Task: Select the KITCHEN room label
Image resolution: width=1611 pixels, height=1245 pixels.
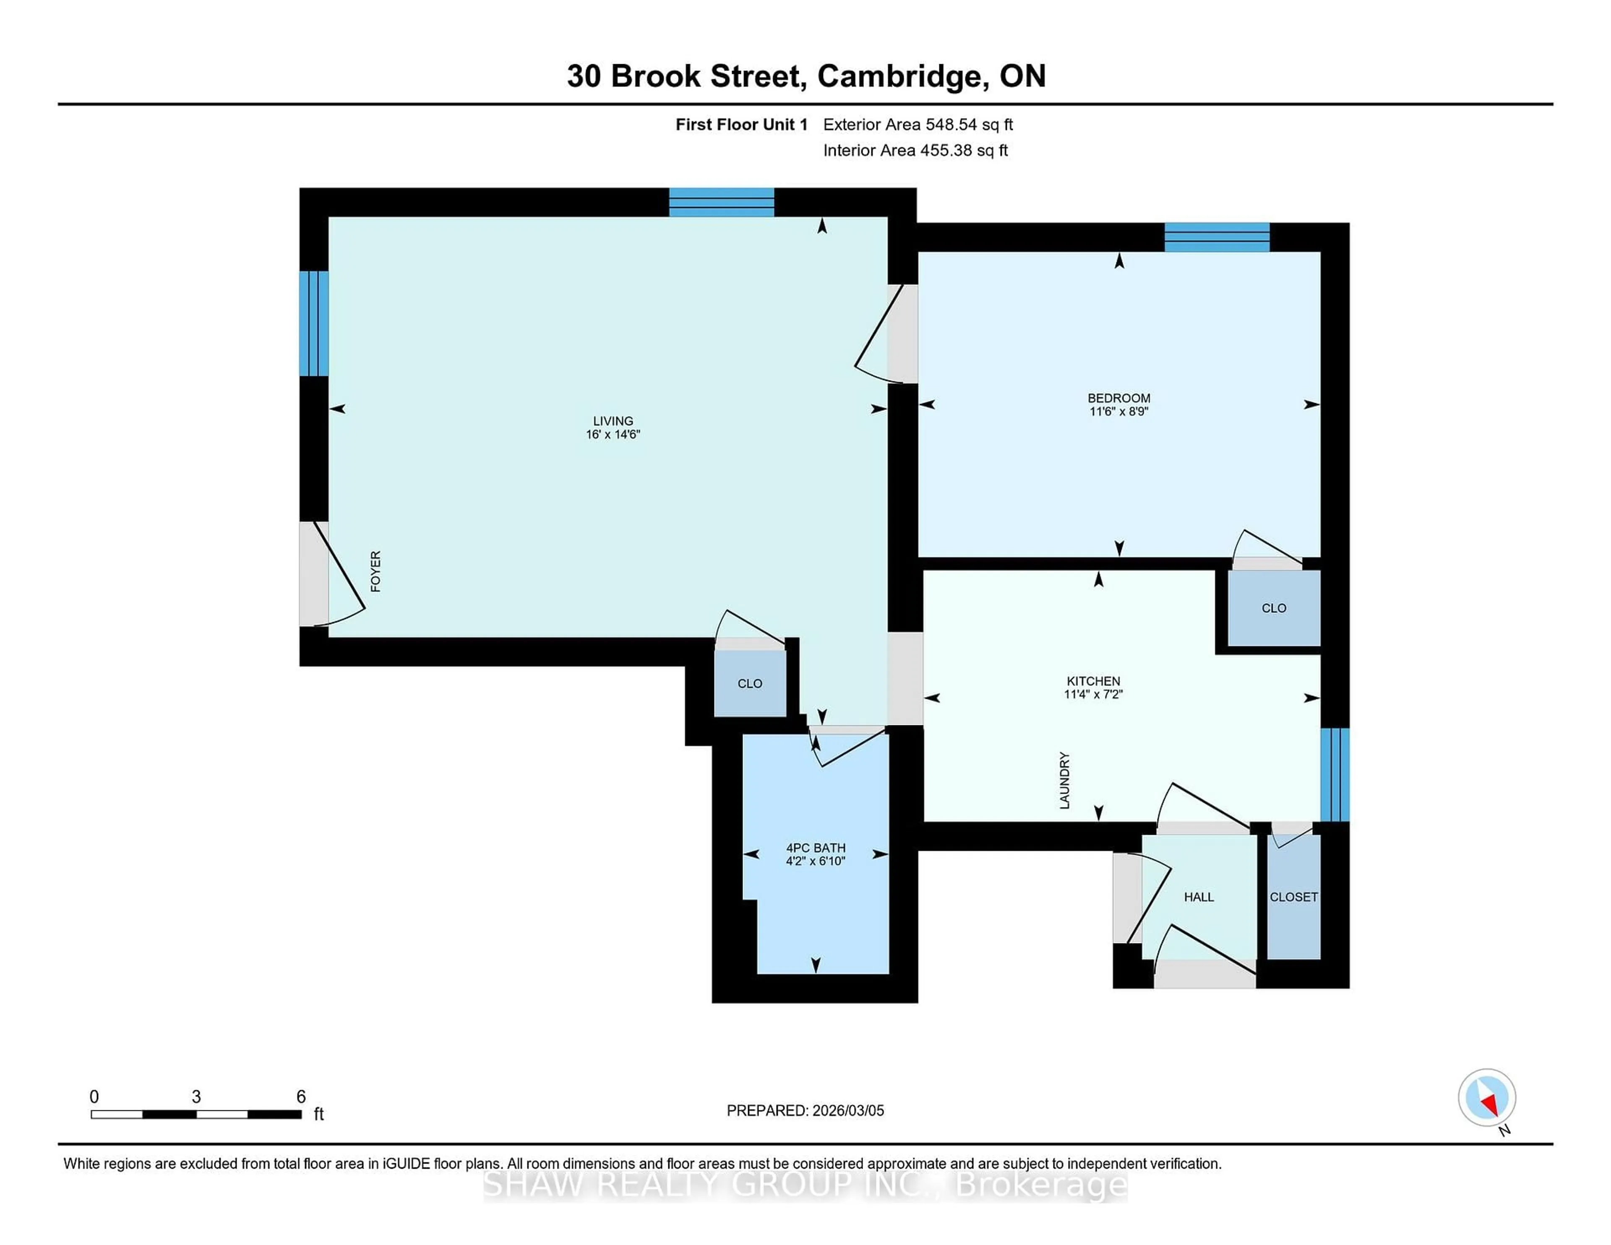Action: point(1093,681)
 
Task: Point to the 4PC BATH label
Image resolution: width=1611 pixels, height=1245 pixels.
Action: point(815,848)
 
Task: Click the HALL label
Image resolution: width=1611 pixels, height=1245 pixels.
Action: point(1199,897)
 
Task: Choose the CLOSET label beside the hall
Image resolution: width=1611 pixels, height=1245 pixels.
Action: point(1293,897)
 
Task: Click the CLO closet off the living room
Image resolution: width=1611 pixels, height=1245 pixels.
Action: point(749,684)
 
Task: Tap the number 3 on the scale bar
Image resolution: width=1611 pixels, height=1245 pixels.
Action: point(196,1097)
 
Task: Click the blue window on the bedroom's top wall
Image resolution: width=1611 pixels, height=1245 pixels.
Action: point(1217,237)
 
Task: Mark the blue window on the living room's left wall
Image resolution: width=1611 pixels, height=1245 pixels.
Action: point(313,324)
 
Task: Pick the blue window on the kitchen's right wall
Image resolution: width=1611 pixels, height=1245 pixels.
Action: point(1335,774)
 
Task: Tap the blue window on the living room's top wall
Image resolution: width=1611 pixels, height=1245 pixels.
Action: point(722,202)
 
